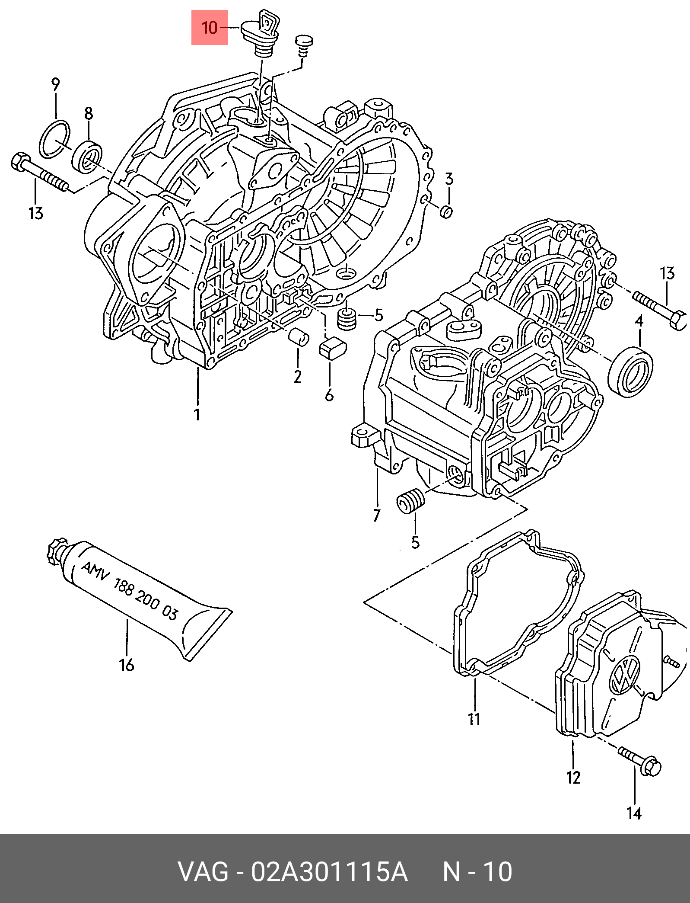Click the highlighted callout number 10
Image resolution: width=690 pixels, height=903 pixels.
(x=210, y=28)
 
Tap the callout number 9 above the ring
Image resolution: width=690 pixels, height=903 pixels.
(x=55, y=84)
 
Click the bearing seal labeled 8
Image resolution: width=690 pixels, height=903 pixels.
(x=88, y=157)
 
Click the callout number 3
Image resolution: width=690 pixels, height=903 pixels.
(x=449, y=179)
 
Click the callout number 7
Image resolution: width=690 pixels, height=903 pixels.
(x=376, y=516)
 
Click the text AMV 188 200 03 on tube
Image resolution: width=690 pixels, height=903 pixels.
(x=129, y=591)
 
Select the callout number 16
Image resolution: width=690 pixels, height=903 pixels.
(x=127, y=665)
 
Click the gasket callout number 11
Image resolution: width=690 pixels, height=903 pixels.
(x=474, y=719)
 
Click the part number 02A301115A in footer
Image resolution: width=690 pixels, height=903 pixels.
(x=330, y=872)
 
